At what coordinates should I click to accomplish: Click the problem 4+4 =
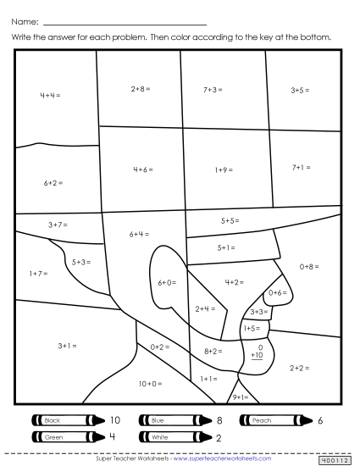(x=50, y=94)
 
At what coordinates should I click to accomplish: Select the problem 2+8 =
(x=141, y=87)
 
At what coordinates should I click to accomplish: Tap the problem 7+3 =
(x=213, y=88)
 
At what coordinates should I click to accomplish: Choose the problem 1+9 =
(x=224, y=169)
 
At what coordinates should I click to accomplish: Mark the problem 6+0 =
(x=168, y=282)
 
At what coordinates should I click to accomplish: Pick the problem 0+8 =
(x=310, y=266)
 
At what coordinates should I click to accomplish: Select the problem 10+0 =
(x=150, y=384)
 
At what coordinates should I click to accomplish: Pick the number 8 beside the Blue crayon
(x=219, y=420)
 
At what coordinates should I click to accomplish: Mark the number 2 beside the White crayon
(x=219, y=437)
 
